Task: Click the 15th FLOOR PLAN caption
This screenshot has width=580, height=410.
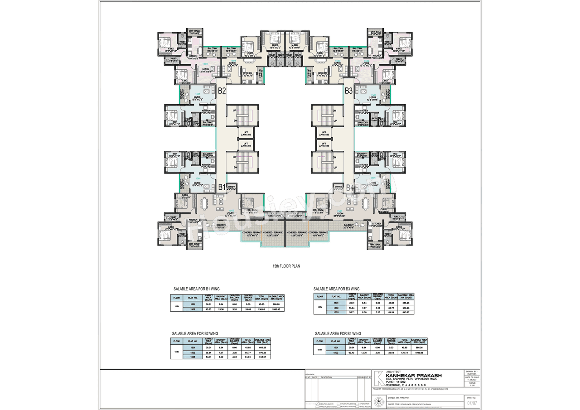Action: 287,266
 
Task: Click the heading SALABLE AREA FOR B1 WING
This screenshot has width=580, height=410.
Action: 197,289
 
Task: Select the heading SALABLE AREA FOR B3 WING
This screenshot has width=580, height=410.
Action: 337,289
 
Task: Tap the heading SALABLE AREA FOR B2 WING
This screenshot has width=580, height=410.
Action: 196,333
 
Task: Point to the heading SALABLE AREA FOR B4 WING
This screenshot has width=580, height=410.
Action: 338,333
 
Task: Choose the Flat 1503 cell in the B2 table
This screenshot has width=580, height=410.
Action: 193,357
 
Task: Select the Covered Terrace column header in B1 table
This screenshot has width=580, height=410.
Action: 248,298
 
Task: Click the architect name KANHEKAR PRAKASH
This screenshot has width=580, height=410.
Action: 413,375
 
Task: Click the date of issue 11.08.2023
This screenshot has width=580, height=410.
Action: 472,380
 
